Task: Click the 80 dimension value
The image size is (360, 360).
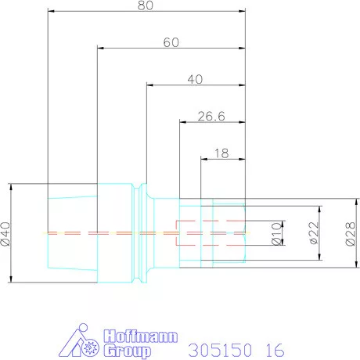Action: [x=146, y=5]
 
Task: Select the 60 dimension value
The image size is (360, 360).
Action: [x=171, y=42]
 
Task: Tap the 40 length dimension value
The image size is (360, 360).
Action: [x=195, y=79]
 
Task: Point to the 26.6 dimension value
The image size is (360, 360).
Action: [x=211, y=117]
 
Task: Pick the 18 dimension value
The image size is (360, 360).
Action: [x=221, y=153]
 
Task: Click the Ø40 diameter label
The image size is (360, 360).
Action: [x=5, y=234]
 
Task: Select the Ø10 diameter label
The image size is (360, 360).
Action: [x=277, y=233]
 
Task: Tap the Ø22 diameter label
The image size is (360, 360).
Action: [x=314, y=233]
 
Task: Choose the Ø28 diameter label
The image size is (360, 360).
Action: [x=351, y=234]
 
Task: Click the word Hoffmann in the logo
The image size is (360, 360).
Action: [x=141, y=336]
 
